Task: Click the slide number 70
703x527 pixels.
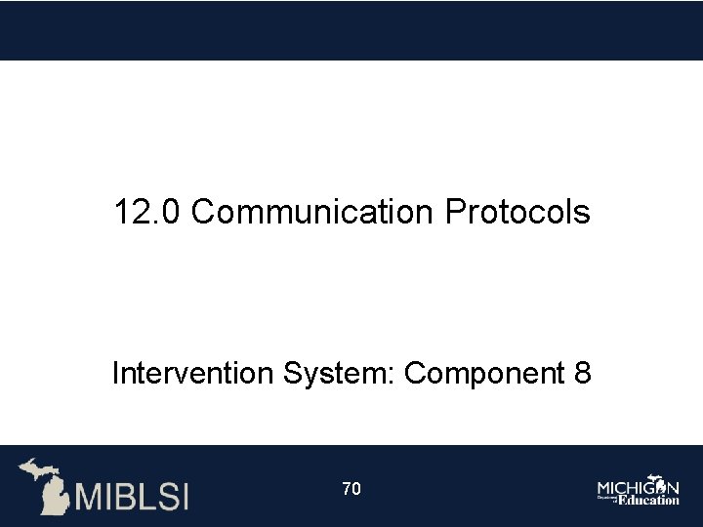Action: pos(351,488)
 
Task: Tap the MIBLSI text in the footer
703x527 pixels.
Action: pos(133,496)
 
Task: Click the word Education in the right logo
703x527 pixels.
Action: pos(647,500)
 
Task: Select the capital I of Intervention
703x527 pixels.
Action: pos(116,374)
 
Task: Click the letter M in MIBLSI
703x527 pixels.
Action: pos(89,496)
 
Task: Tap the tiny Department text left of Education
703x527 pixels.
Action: pos(606,498)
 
